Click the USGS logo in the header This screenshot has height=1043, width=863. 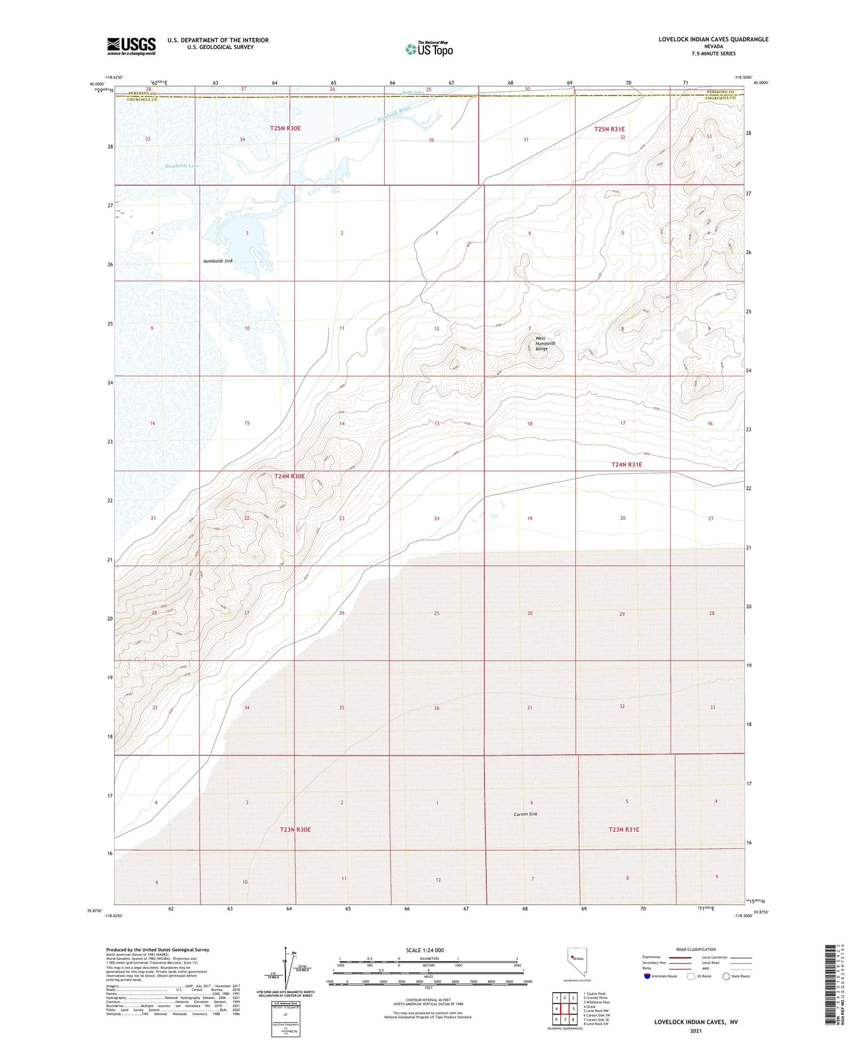[x=131, y=46]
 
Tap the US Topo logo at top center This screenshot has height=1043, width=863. [x=429, y=49]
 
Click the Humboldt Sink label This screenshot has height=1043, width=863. [x=218, y=261]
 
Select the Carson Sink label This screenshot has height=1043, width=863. [x=526, y=814]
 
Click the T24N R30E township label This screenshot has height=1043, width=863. [x=290, y=476]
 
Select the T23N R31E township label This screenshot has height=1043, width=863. [x=624, y=829]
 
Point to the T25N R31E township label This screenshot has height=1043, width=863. [x=609, y=129]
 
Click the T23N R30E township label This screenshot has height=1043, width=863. [x=295, y=829]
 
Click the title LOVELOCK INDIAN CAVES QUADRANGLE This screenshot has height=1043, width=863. [x=713, y=39]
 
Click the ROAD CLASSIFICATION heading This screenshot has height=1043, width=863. [x=696, y=949]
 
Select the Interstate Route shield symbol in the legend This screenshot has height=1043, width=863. [x=648, y=976]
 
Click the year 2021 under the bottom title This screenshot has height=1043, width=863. [x=695, y=1031]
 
